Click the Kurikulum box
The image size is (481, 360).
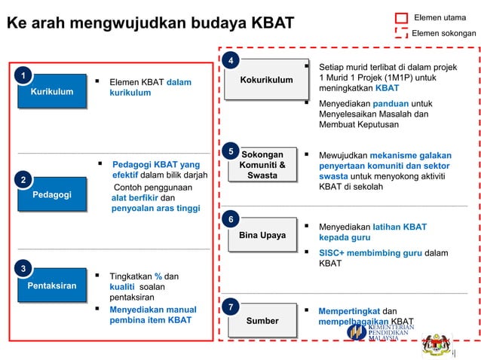[x=52, y=92]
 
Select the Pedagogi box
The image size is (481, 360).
[x=52, y=195]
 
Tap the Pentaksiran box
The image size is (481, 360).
[x=52, y=286]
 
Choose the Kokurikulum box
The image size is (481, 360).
[x=266, y=80]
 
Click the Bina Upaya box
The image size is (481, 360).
[x=262, y=236]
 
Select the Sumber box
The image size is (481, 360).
[x=262, y=321]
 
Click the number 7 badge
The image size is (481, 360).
[x=232, y=307]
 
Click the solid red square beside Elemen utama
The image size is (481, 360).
[x=401, y=17]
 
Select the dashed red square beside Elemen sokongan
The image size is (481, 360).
[x=401, y=32]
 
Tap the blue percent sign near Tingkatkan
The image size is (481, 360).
[x=158, y=276]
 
